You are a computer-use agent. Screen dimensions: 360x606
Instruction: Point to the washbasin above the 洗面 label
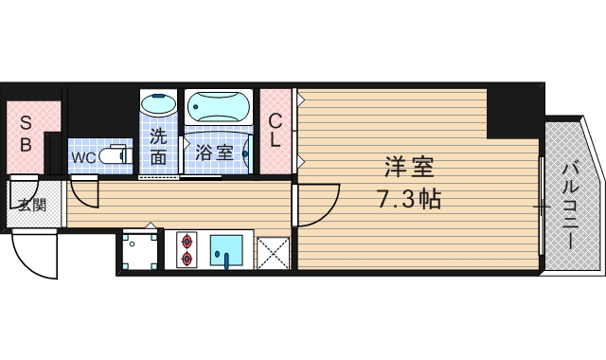click(158, 104)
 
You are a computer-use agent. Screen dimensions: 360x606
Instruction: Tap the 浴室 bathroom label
click(214, 152)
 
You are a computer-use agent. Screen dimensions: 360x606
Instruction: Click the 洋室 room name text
click(409, 167)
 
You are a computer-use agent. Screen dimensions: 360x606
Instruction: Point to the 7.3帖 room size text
click(409, 201)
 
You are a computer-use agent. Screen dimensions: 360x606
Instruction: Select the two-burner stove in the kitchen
click(185, 249)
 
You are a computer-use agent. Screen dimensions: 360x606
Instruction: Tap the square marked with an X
click(272, 251)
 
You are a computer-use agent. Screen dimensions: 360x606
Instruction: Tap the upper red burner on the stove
click(185, 240)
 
